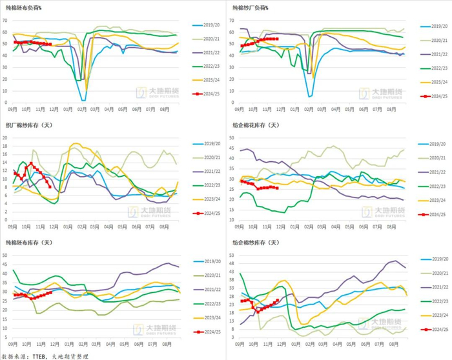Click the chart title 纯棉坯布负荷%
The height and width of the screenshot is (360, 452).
28,8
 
